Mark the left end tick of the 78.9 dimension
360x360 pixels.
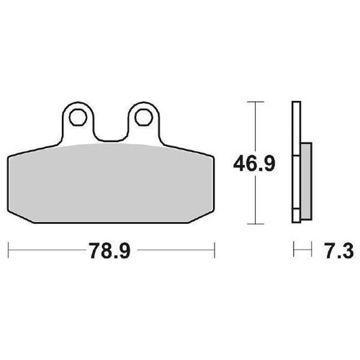9,250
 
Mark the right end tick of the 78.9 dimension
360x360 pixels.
215,250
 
